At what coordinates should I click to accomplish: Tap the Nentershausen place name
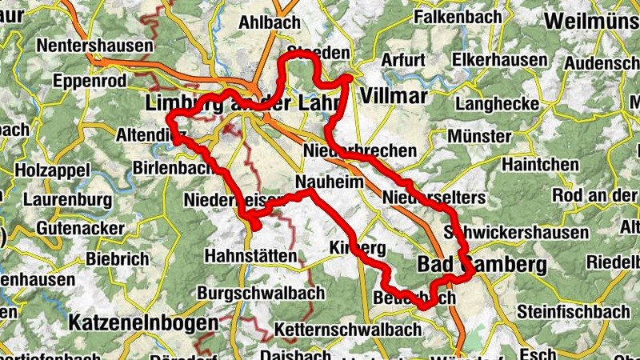coord(94,46)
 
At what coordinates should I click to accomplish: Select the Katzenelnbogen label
coord(144,323)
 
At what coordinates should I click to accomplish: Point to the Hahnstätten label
coord(251,256)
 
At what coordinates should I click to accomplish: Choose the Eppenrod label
coord(90,81)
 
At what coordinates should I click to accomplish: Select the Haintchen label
coord(541,165)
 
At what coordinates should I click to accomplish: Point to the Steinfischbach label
coord(574,310)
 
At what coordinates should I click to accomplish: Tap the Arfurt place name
coord(403,60)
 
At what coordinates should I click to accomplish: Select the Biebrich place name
coord(117,258)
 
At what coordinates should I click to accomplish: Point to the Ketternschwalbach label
coord(347,330)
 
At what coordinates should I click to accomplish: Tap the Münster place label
coord(478,136)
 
